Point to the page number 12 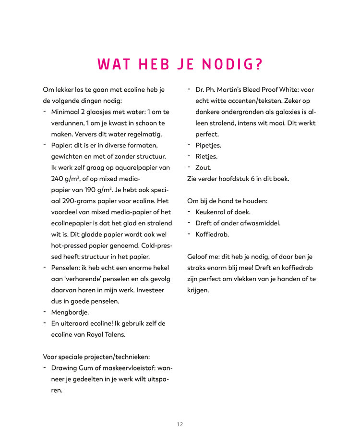click(180, 424)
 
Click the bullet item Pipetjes click(208, 145)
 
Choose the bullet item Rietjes click(206, 156)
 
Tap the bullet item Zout click(203, 167)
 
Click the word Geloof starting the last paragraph click(198, 257)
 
